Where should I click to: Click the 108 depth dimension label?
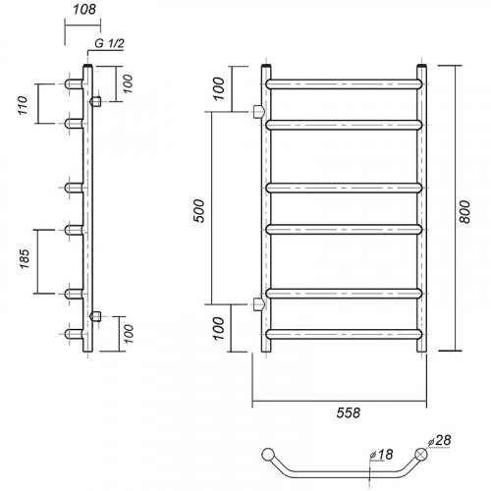(84, 10)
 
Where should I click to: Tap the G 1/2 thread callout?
(109, 43)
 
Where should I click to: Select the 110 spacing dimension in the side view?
(23, 105)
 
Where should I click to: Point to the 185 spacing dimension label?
(25, 259)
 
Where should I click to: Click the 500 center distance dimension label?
(199, 211)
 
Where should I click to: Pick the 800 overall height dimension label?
(464, 212)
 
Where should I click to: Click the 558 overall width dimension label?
(349, 412)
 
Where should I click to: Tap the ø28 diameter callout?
(440, 440)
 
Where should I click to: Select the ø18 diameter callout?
(381, 455)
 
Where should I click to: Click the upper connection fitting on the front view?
(258, 112)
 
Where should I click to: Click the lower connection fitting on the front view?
(258, 304)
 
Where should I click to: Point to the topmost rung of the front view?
(344, 84)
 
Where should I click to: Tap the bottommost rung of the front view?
(344, 334)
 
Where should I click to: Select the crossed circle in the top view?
(421, 454)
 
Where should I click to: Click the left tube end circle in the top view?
(268, 454)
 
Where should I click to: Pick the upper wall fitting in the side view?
(96, 101)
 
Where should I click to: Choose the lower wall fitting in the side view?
(96, 316)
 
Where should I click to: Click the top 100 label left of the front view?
(219, 88)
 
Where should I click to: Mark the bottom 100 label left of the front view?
(219, 328)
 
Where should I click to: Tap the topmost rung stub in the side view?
(74, 84)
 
